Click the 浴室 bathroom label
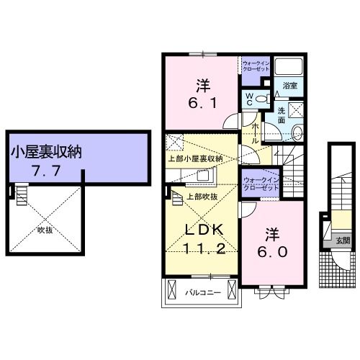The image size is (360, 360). tap(290, 85)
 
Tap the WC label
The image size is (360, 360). tap(249, 96)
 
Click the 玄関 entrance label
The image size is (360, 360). tap(339, 241)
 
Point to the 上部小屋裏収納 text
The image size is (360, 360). tap(195, 158)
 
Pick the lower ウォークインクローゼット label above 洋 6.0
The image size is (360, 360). tap(260, 184)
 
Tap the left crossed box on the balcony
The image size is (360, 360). tap(171, 291)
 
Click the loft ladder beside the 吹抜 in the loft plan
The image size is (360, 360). tap(22, 194)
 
